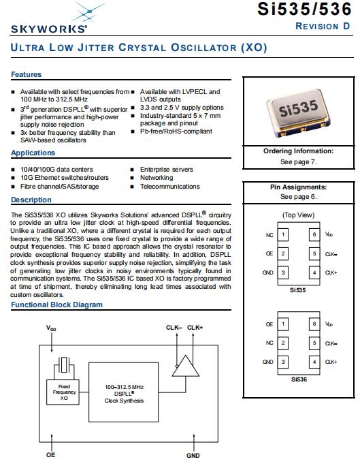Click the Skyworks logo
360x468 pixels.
pyautogui.click(x=50, y=18)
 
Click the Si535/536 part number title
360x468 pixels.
pyautogui.click(x=304, y=9)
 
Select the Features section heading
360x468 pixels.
pyautogui.click(x=27, y=74)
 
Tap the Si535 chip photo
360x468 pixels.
pyautogui.click(x=299, y=113)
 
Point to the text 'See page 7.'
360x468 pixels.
pyautogui.click(x=298, y=162)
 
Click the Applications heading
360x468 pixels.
pyautogui.click(x=33, y=153)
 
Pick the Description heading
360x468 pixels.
pyautogui.click(x=31, y=200)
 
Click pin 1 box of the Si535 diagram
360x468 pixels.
pyautogui.click(x=283, y=234)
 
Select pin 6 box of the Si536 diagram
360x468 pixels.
pyautogui.click(x=314, y=324)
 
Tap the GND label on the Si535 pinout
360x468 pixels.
pyautogui.click(x=268, y=272)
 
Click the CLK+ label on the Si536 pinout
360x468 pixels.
pyautogui.click(x=331, y=362)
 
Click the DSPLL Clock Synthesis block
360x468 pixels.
pyautogui.click(x=123, y=392)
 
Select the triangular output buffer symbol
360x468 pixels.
pyautogui.click(x=186, y=366)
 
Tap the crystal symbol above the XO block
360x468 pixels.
pyautogui.click(x=64, y=364)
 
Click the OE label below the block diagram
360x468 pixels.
pyautogui.click(x=51, y=455)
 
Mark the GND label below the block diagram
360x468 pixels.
pyautogui.click(x=193, y=456)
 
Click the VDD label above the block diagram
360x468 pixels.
pyautogui.click(x=51, y=328)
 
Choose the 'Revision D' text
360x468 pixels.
pyautogui.click(x=323, y=27)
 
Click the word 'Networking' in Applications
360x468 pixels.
pyautogui.click(x=157, y=178)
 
